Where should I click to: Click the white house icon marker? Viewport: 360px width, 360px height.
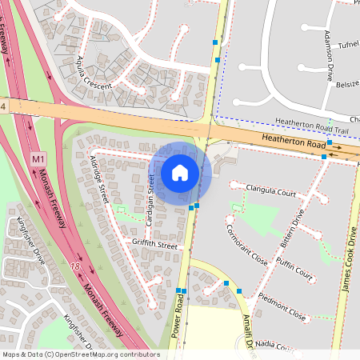(x=180, y=172)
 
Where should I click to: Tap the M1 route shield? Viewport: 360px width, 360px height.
(x=38, y=160)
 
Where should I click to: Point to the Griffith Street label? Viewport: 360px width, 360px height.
(x=155, y=245)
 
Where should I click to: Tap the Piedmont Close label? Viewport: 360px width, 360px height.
(x=282, y=306)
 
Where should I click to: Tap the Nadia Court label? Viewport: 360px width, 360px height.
(x=277, y=346)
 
